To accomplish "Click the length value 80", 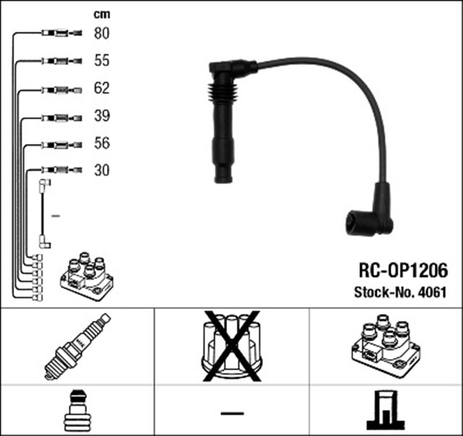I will click(102, 33).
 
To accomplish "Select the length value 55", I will click(102, 61).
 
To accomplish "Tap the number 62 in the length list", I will click(102, 89).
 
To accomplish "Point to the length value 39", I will click(102, 116).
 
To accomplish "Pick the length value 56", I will click(102, 144).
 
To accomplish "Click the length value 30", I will click(102, 171).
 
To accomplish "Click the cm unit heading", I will click(101, 14).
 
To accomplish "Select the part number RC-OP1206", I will click(404, 270).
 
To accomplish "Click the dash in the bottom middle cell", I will click(231, 413).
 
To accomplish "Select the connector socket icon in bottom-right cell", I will click(385, 411).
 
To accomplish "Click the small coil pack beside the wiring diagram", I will click(87, 275).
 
